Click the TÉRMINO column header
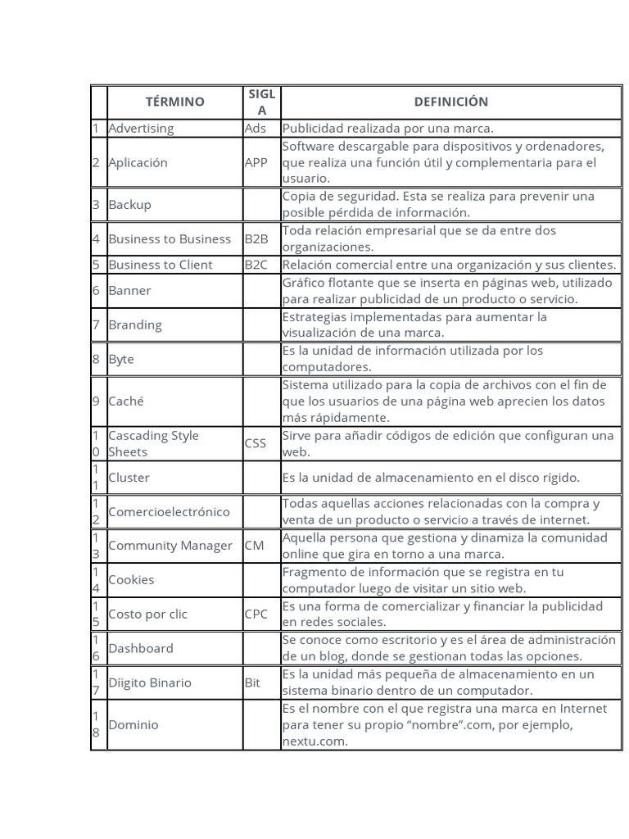(x=174, y=102)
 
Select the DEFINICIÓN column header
(x=450, y=102)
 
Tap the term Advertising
(x=141, y=129)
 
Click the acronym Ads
(x=255, y=129)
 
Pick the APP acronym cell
(x=256, y=162)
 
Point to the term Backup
(x=129, y=205)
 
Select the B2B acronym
(x=256, y=239)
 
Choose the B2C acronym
(x=256, y=265)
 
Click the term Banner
(x=129, y=291)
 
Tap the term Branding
(x=135, y=325)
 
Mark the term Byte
(x=121, y=359)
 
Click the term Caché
(x=126, y=401)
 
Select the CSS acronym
(x=256, y=444)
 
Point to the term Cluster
(x=129, y=478)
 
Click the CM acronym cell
(x=254, y=546)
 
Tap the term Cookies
(x=131, y=580)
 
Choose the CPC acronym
(x=256, y=615)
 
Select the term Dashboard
(x=141, y=648)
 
